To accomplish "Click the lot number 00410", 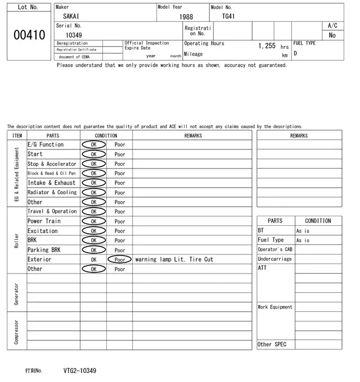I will coord(29,35).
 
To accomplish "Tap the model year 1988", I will coord(186,17).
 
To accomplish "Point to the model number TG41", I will coord(228,16).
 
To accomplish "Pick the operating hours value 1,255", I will coord(267,46).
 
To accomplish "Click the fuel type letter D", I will coord(295,54).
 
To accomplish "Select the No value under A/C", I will coord(332,35).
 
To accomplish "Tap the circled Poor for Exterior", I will coord(120,260).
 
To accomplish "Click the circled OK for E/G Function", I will coord(93,145).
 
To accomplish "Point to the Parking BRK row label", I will coord(44,250).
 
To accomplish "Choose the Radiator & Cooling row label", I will coord(52,193).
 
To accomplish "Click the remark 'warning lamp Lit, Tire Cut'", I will coord(174,260).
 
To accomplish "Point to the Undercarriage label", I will coord(274,260).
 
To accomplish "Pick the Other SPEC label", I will coord(272,344).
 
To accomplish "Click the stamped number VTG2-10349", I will coord(80,371).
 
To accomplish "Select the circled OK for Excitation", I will coord(93,231).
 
